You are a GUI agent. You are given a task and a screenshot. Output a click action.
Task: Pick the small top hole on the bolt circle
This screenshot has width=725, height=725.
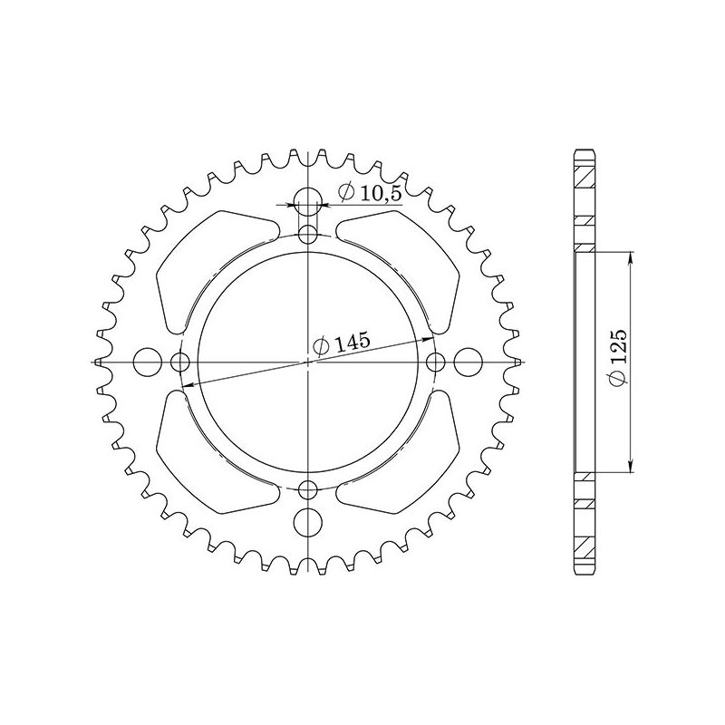(309, 236)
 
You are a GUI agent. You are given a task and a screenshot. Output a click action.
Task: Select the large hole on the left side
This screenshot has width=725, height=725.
(146, 362)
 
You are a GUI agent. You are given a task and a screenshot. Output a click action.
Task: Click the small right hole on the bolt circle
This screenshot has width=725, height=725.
(436, 362)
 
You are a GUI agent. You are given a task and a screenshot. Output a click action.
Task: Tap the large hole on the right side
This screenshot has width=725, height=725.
(469, 362)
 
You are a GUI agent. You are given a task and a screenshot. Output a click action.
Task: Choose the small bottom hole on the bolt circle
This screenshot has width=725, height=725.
(309, 490)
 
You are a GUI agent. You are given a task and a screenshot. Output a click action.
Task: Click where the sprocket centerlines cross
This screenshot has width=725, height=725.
(309, 362)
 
